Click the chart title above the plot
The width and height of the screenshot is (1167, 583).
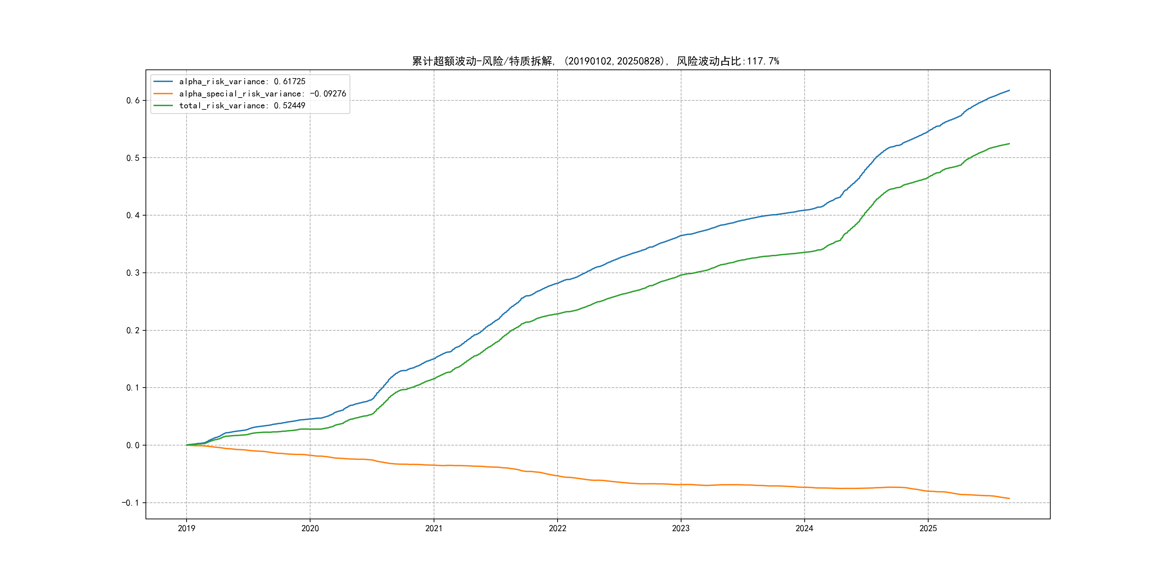(x=595, y=61)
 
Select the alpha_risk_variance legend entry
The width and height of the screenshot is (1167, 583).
(x=242, y=81)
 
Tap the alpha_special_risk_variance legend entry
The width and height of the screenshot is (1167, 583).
(x=262, y=94)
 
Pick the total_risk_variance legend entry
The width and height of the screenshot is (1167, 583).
(x=242, y=105)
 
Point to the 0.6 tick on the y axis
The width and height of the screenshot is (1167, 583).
(x=133, y=100)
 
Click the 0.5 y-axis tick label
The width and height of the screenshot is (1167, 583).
(x=133, y=158)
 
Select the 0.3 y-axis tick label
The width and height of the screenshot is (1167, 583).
(x=133, y=273)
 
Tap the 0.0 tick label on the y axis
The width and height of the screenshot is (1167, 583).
(x=133, y=446)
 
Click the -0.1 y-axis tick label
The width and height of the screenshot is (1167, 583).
(x=130, y=503)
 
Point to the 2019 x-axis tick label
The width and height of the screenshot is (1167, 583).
(x=187, y=528)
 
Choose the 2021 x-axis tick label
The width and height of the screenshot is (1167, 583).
(x=434, y=528)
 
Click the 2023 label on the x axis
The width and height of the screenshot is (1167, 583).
(x=681, y=528)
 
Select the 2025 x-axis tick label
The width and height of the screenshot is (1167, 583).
(x=928, y=528)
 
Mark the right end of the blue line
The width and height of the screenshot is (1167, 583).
(x=1009, y=91)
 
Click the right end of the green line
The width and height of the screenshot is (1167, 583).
(x=1009, y=144)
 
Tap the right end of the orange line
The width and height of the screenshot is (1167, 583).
(x=1009, y=498)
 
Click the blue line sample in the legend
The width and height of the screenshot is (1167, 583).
(x=163, y=81)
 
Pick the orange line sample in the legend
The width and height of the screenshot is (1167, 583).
(x=163, y=94)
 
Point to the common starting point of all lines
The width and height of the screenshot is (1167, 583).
(x=187, y=445)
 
